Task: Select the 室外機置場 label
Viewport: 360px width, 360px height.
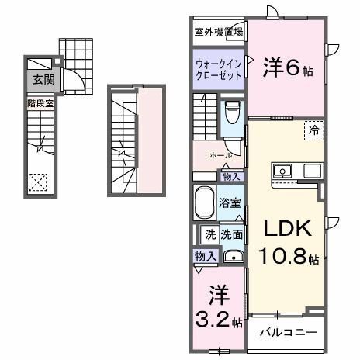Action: (x=218, y=32)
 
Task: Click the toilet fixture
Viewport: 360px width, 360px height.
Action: (x=231, y=114)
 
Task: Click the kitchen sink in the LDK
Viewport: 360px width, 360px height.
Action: (x=281, y=171)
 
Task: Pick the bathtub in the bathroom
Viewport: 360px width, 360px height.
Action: (x=204, y=202)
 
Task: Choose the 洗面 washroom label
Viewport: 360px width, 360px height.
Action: (x=231, y=234)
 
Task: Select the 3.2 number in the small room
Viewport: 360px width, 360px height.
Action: (x=209, y=319)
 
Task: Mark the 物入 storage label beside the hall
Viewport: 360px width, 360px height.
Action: (x=231, y=177)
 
